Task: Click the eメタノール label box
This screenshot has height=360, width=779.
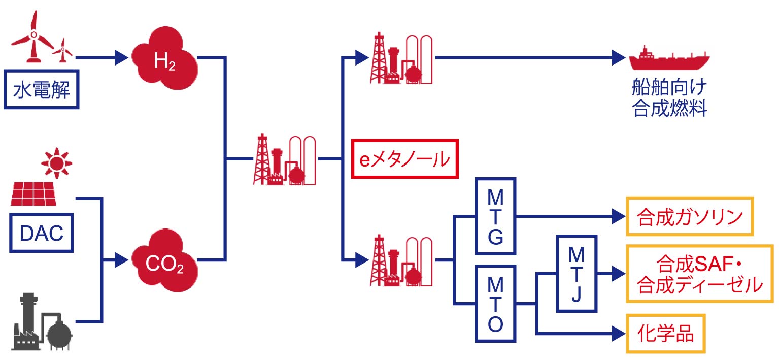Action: [x=404, y=159]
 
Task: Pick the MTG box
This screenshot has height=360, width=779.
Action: [x=495, y=216]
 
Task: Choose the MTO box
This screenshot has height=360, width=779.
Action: [x=495, y=303]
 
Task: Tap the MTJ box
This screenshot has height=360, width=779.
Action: [x=577, y=273]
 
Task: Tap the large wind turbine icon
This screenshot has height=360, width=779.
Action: [x=33, y=38]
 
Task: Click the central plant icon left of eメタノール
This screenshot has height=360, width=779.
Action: [x=285, y=160]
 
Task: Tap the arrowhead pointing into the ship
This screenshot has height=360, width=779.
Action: [x=620, y=57]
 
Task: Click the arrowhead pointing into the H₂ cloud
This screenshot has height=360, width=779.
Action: [x=121, y=57]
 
